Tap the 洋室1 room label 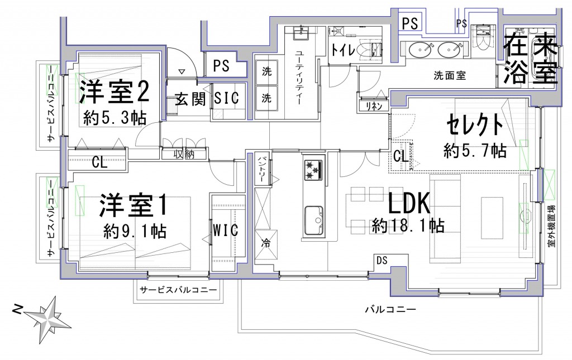pyautogui.click(x=134, y=206)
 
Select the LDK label pyautogui.click(x=409, y=203)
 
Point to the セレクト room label pyautogui.click(x=475, y=124)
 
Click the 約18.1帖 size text pyautogui.click(x=408, y=226)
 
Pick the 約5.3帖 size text pyautogui.click(x=115, y=118)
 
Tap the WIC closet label pyautogui.click(x=226, y=231)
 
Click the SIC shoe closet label pyautogui.click(x=227, y=98)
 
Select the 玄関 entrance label pyautogui.click(x=190, y=99)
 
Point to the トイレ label pyautogui.click(x=343, y=50)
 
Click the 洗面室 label pyautogui.click(x=450, y=75)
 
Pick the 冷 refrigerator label pyautogui.click(x=266, y=243)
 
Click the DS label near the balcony pyautogui.click(x=382, y=261)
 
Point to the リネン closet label pyautogui.click(x=374, y=106)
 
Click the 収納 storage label pyautogui.click(x=184, y=155)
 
